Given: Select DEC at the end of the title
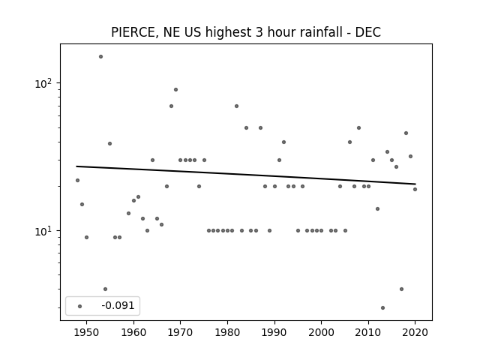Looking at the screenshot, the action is [x=368, y=32].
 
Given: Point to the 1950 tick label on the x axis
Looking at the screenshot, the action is [x=87, y=332].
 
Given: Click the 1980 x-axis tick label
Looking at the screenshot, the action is [x=227, y=332].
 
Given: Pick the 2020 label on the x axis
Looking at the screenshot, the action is [x=415, y=332].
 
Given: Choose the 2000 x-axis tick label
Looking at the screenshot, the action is [x=321, y=332].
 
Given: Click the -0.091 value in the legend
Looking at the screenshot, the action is [x=118, y=305].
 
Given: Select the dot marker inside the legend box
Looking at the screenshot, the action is [x=80, y=306].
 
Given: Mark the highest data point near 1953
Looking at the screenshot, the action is [x=100, y=57].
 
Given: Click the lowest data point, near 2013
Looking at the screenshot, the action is [x=382, y=307].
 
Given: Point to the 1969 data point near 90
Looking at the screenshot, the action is [x=175, y=90].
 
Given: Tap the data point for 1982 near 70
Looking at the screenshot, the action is [x=237, y=106].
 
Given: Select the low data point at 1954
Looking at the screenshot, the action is [x=105, y=289].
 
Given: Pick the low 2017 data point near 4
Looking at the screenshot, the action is [x=401, y=289].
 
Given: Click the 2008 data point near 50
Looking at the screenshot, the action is [x=358, y=128].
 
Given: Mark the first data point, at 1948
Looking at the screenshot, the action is [x=77, y=180].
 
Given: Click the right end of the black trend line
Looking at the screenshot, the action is [x=415, y=184].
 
